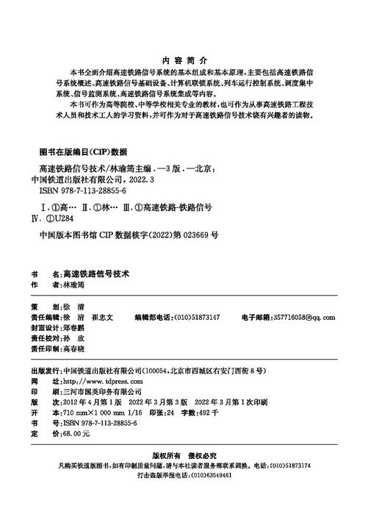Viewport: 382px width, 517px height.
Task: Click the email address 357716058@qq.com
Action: [x=303, y=317]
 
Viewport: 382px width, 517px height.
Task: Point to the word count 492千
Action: [x=205, y=415]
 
